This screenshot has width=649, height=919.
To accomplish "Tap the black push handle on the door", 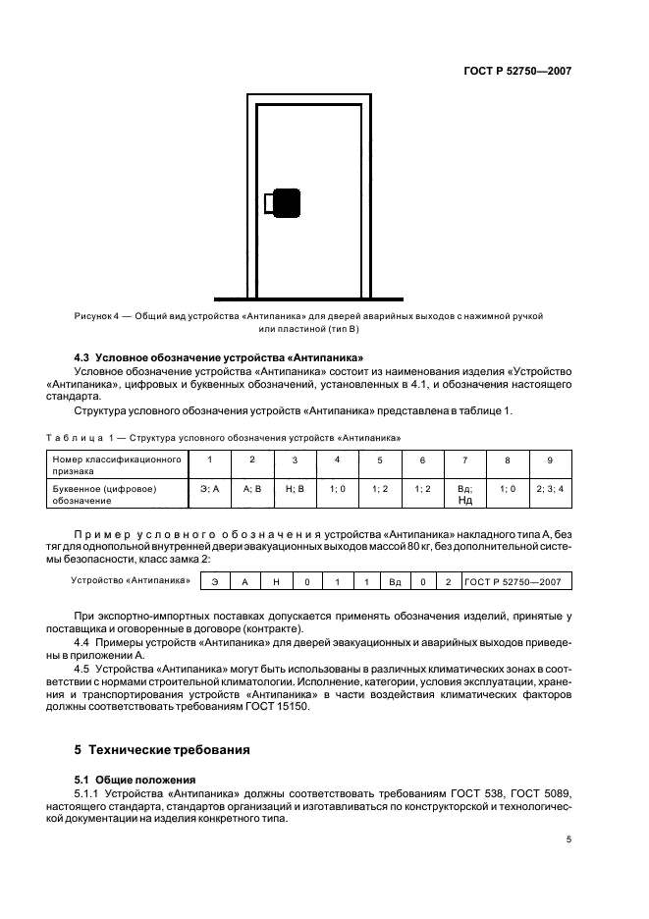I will click(x=287, y=203).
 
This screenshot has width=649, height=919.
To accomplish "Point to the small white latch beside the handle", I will click(x=268, y=203).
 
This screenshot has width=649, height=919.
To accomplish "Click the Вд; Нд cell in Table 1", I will click(x=464, y=493).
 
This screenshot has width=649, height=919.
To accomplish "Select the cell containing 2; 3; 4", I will click(x=549, y=487).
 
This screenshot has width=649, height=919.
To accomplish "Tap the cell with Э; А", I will click(x=209, y=487).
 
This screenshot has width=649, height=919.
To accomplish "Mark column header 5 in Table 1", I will click(x=379, y=459).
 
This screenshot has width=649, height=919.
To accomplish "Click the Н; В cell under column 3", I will click(x=295, y=487).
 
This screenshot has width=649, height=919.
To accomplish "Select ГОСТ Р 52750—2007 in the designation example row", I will click(x=513, y=581).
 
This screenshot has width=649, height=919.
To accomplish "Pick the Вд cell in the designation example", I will click(x=395, y=581).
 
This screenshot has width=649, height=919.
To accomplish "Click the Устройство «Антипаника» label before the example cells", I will click(x=131, y=580).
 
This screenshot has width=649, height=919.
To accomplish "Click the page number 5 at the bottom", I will click(x=568, y=839).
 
